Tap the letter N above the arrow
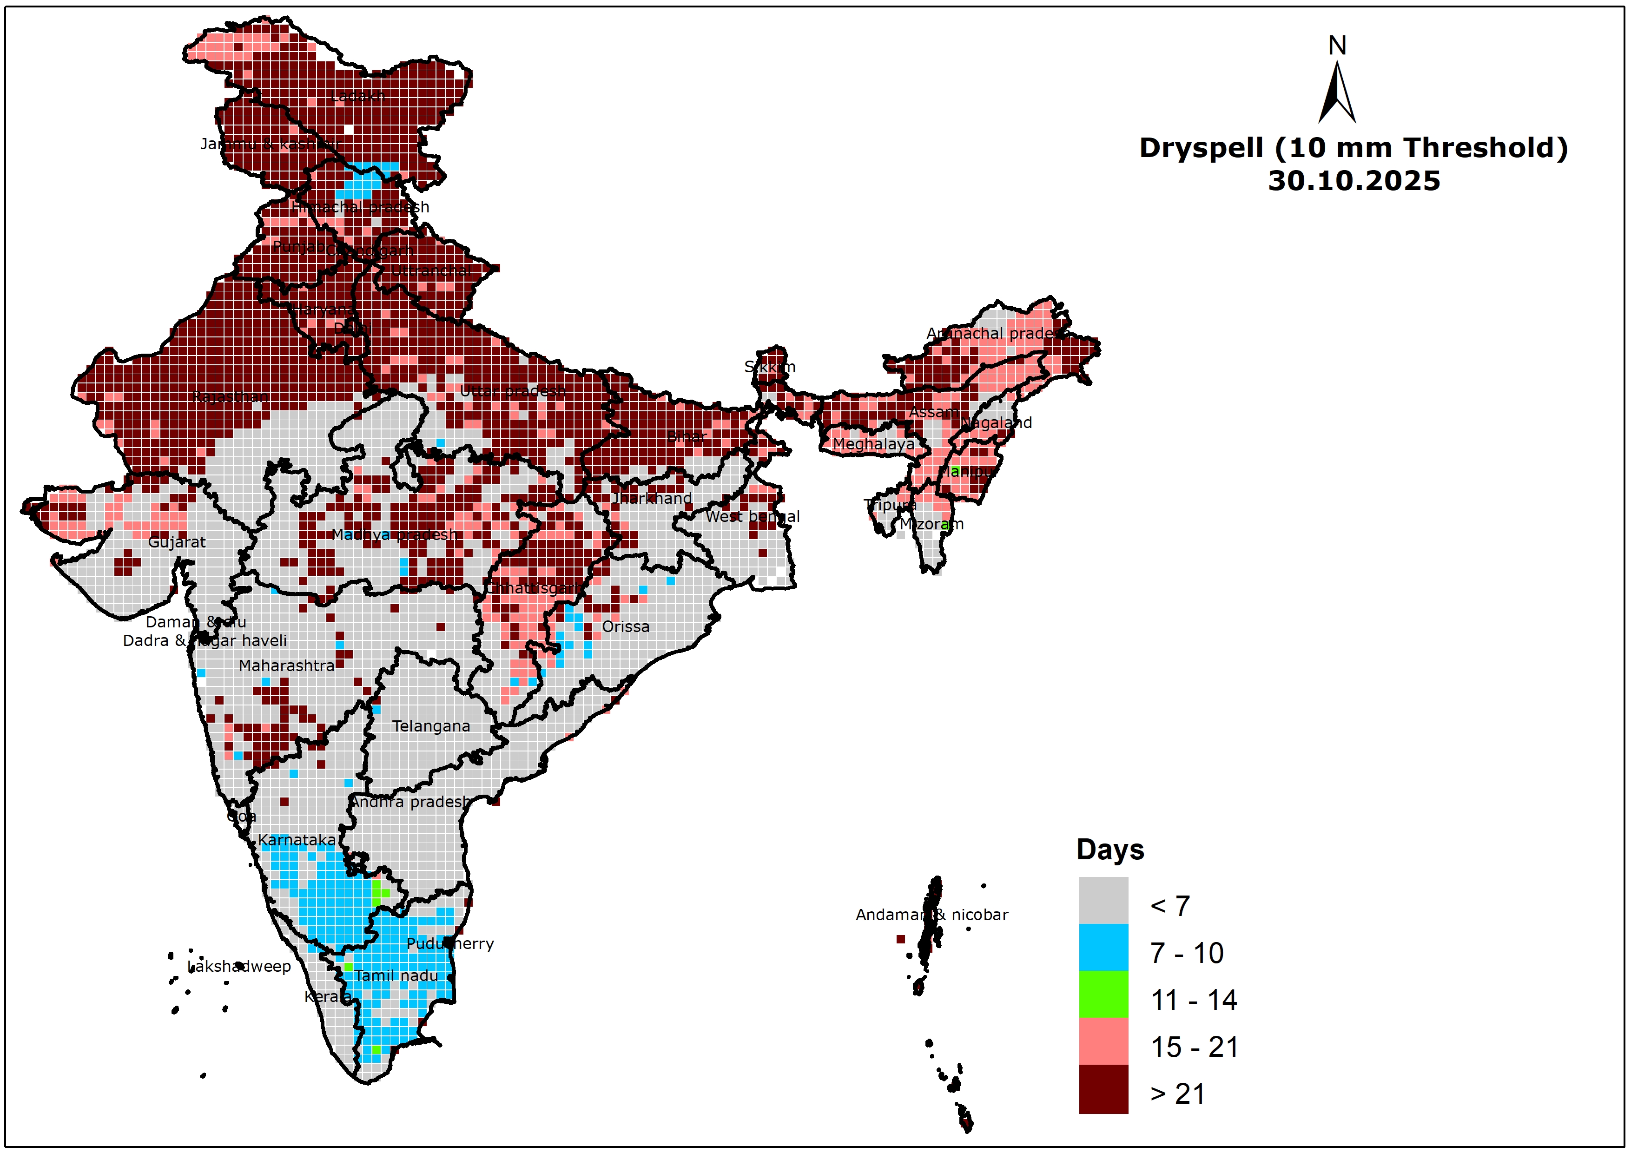tap(1337, 46)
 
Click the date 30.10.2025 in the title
tap(1354, 181)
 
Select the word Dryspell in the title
tap(1201, 148)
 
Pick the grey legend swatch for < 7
tap(1103, 900)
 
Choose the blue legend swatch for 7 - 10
tap(1103, 947)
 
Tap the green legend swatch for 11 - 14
tap(1103, 994)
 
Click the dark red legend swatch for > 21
tap(1103, 1088)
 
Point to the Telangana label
tap(431, 726)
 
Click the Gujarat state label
tap(177, 542)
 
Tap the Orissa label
tap(625, 626)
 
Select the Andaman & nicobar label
tap(931, 915)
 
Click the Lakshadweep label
tap(239, 967)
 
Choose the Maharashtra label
tap(286, 665)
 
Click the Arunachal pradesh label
tap(997, 333)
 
